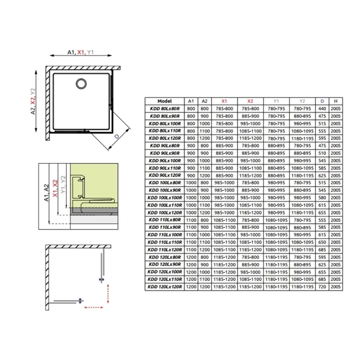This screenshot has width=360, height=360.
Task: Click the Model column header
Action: tap(164, 100)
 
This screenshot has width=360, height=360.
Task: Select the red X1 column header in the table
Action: tap(223, 100)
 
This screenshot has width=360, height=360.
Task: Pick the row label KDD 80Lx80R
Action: tap(164, 108)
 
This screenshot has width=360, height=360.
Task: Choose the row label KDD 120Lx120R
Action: tap(164, 286)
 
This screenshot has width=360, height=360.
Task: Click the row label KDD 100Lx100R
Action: tap(164, 197)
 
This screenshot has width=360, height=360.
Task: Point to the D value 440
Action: tap(322, 108)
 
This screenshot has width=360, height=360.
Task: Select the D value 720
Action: tap(322, 286)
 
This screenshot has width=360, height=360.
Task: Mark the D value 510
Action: tap(322, 153)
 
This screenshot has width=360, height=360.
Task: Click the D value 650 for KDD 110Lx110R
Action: tap(322, 242)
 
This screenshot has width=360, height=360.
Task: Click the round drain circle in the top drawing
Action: tap(80, 83)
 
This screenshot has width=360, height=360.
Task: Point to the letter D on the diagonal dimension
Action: tap(116, 136)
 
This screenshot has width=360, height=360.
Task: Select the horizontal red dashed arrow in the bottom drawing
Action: tap(95, 307)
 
